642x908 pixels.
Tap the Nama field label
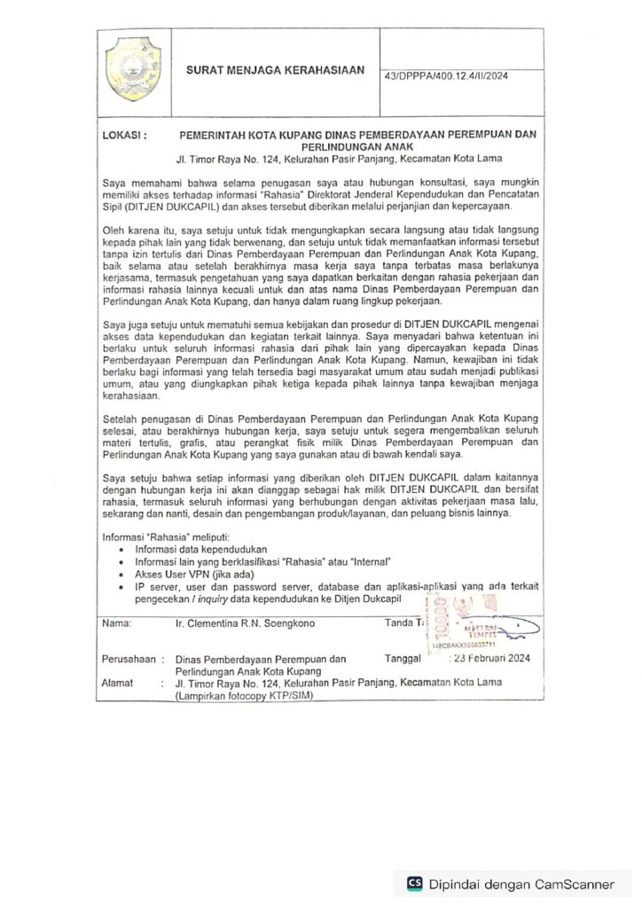coord(117,623)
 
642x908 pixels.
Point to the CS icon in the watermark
coord(414,883)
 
